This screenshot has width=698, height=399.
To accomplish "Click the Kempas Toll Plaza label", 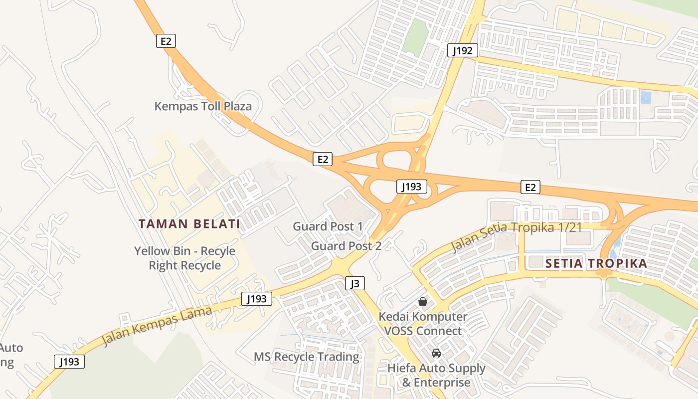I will click(x=203, y=106).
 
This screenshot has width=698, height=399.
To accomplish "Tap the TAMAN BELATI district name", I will click(x=189, y=224).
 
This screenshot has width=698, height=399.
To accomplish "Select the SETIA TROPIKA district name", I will click(x=596, y=263).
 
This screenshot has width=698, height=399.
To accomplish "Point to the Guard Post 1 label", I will click(x=328, y=226).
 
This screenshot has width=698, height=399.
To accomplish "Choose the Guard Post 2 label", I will click(x=347, y=246).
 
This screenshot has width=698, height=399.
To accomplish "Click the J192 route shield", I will click(x=463, y=50).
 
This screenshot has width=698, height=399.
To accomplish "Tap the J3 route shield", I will click(x=355, y=284).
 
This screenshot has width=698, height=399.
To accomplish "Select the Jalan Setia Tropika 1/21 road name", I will click(x=517, y=236).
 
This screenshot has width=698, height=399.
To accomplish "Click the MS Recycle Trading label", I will click(x=307, y=357).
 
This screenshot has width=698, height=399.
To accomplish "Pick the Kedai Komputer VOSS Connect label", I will click(x=423, y=324).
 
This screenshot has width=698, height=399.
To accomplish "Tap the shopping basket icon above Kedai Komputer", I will click(x=423, y=302).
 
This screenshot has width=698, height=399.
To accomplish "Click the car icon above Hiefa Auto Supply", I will click(x=436, y=353).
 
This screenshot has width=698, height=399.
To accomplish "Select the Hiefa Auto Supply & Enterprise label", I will click(x=436, y=376).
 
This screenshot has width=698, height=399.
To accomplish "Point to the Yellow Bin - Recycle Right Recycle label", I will click(x=184, y=258).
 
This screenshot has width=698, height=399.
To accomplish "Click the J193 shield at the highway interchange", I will click(x=412, y=187).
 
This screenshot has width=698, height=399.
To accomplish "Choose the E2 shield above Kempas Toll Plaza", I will click(x=166, y=41).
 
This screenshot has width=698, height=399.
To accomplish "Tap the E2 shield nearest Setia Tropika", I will click(x=530, y=187).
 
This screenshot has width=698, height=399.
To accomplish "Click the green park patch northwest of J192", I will click(x=415, y=37).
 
